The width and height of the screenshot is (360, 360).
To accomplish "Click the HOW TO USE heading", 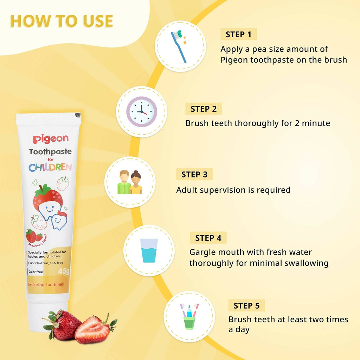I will [62, 21].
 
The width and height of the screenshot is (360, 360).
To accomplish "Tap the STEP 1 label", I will [239, 34].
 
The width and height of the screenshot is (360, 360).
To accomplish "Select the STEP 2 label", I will [204, 109].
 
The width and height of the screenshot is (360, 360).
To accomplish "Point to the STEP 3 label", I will [194, 174].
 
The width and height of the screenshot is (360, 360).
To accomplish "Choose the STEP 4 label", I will [208, 238].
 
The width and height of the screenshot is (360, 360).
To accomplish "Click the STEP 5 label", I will [246, 306].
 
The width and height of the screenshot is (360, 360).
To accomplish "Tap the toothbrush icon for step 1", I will [180, 46].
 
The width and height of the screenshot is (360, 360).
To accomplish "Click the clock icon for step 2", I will [142, 111].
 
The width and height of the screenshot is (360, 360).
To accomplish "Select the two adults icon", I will [130, 182].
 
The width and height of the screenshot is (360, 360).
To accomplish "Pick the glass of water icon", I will [149, 250].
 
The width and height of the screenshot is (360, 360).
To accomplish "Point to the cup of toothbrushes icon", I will [189, 316].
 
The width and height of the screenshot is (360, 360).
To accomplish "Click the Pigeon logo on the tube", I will [50, 139].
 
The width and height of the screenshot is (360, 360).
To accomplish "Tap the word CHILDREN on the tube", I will [50, 167].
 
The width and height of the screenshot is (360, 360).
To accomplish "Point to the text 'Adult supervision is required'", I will [233, 190].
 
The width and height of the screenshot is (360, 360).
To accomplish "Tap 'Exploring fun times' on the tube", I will [45, 284].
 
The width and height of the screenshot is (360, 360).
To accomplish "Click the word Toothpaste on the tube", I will [50, 152].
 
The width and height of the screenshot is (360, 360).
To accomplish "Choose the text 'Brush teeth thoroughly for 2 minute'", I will [258, 123].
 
